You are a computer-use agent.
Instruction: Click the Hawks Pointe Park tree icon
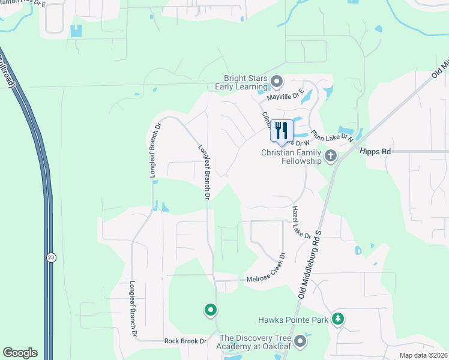click(338, 319)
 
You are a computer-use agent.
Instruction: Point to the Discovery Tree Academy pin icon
click(300, 341)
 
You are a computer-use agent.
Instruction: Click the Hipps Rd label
click(375, 152)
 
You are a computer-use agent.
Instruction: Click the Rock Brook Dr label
click(185, 341)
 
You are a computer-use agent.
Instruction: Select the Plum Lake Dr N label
click(332, 137)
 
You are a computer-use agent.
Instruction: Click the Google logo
click(20, 353)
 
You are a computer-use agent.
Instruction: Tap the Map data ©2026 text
click(423, 355)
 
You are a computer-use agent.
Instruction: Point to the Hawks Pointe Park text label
click(293, 320)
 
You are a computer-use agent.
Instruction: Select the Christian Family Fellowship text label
click(291, 157)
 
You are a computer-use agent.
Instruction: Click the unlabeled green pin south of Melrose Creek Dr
click(210, 310)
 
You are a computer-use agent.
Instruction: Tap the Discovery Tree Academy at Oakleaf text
click(259, 341)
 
